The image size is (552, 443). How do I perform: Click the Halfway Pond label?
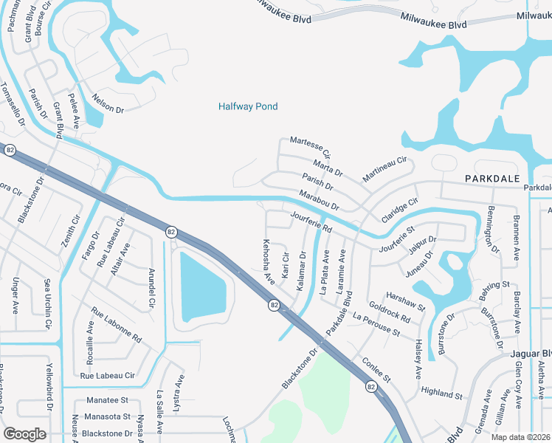pyautogui.click(x=248, y=106)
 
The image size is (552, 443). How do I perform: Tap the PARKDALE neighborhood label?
pyautogui.click(x=492, y=179)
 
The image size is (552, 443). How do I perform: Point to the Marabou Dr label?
pyautogui.click(x=319, y=199)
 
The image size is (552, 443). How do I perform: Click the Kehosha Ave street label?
pyautogui.click(x=269, y=262)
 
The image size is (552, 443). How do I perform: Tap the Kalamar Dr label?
pyautogui.click(x=302, y=271)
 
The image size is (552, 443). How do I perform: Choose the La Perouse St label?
pyautogui.click(x=376, y=326)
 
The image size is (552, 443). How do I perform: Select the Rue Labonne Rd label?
pyautogui.click(x=116, y=326)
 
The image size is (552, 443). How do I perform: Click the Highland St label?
pyautogui.click(x=441, y=391)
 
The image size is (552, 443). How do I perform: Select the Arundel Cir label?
pyautogui.click(x=153, y=286)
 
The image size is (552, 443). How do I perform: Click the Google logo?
pyautogui.click(x=24, y=433)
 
